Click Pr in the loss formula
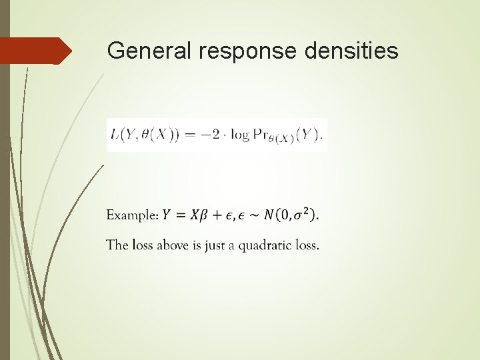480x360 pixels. pos(259,135)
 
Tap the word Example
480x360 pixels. pos(132,215)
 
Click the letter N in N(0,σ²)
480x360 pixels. pos(269,215)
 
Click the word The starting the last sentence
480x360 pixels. pos(116,245)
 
